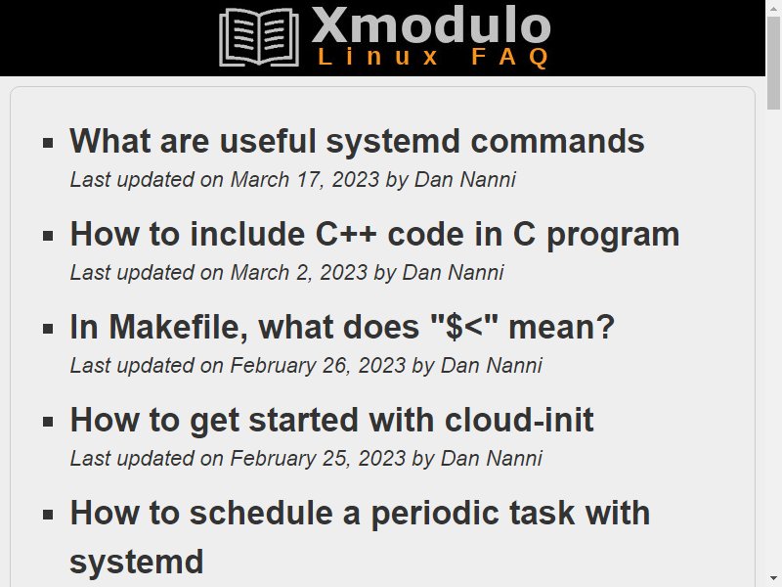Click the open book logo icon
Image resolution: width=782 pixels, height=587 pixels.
(x=259, y=37)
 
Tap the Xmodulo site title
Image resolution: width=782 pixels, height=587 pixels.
(x=431, y=25)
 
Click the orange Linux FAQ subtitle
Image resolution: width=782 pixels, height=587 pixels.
(x=434, y=57)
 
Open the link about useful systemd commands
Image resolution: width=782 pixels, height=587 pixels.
(x=357, y=141)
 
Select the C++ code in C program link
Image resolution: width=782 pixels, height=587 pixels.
(x=374, y=234)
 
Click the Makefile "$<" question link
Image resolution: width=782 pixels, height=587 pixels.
(x=342, y=327)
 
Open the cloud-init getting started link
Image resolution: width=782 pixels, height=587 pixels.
(x=331, y=420)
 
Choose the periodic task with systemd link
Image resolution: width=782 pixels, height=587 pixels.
(x=360, y=537)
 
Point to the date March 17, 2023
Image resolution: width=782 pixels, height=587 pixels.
(x=305, y=180)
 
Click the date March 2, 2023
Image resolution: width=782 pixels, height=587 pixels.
(x=299, y=273)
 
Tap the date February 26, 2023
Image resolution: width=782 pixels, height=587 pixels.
(x=318, y=366)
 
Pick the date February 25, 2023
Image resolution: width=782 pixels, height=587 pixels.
(x=318, y=459)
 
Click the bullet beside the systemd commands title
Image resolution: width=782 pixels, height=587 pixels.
(x=48, y=143)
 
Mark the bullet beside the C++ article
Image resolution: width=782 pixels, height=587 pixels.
(x=48, y=236)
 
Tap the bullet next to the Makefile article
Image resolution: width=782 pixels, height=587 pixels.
(x=48, y=329)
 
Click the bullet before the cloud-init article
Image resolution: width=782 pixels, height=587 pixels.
(x=48, y=422)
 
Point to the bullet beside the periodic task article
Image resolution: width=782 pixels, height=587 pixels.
(x=48, y=515)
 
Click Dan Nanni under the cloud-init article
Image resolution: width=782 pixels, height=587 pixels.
(x=492, y=458)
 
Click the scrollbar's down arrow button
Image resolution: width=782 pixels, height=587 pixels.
(x=773, y=578)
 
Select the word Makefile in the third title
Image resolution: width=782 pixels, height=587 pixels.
(x=179, y=327)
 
